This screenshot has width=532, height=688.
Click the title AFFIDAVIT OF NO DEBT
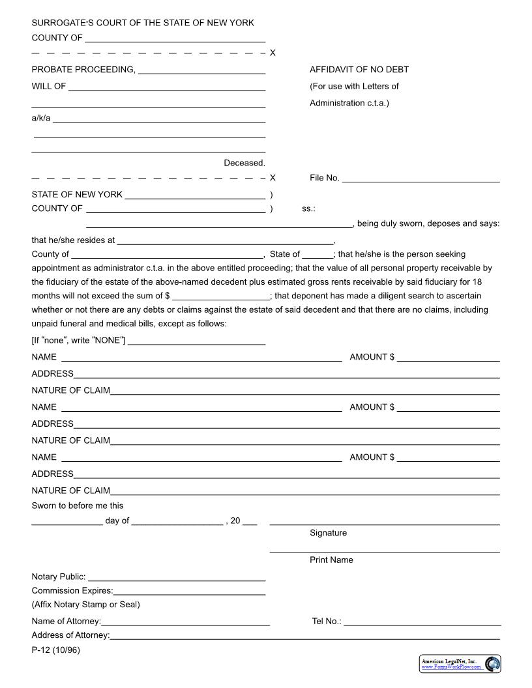pyautogui.click(x=359, y=70)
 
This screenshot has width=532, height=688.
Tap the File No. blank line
pyautogui.click(x=421, y=180)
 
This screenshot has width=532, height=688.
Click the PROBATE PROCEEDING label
pyautogui.click(x=83, y=70)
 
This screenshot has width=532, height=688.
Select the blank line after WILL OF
pyautogui.click(x=166, y=89)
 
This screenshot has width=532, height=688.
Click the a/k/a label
pyautogui.click(x=40, y=118)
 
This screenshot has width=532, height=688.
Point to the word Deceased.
pyautogui.click(x=244, y=163)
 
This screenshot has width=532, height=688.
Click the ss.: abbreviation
pyautogui.click(x=308, y=208)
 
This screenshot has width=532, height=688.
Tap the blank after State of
pyautogui.click(x=317, y=257)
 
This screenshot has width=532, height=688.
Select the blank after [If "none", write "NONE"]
pyautogui.click(x=196, y=343)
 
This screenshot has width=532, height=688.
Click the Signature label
pyautogui.click(x=328, y=533)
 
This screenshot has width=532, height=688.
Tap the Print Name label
pyautogui.click(x=331, y=560)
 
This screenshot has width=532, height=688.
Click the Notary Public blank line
pyautogui.click(x=176, y=579)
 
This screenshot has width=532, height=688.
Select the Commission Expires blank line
pyautogui.click(x=189, y=594)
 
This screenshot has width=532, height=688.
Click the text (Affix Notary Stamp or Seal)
pyautogui.click(x=85, y=604)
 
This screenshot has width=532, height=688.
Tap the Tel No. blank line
pyautogui.click(x=422, y=624)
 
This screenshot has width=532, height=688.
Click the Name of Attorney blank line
pyautogui.click(x=185, y=624)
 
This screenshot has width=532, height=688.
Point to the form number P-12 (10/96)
pyautogui.click(x=55, y=650)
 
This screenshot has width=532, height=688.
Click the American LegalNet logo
pyautogui.click(x=460, y=664)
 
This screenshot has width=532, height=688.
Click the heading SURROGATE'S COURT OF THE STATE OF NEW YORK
pyautogui.click(x=143, y=23)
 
